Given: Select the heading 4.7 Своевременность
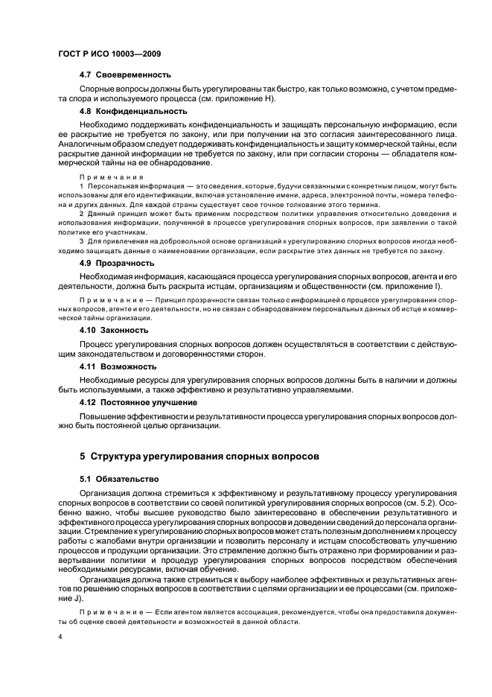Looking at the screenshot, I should pos(125,74).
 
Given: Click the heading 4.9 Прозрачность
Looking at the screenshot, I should pos(117,263).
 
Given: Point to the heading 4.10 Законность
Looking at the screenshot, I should pos(114,329).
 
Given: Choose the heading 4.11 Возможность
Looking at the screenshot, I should pos(118,366).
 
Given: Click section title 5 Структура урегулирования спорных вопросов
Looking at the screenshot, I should pos(199,455).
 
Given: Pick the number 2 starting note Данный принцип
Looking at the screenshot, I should pos(82,214).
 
